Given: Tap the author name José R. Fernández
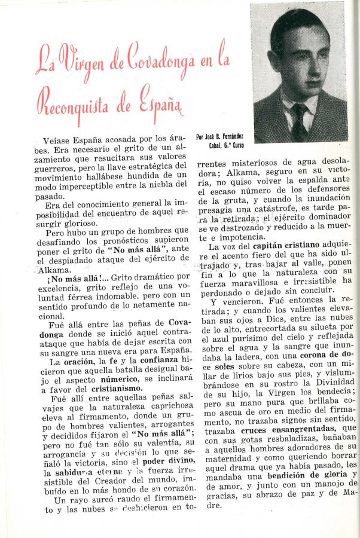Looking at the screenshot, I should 219,136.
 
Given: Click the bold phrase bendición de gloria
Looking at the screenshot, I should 300,475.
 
